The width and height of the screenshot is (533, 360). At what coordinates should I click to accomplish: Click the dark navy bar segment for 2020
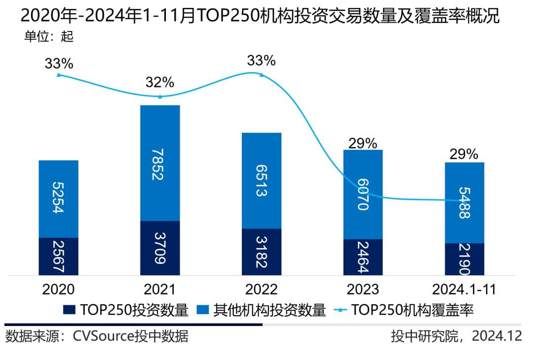pos(58,256)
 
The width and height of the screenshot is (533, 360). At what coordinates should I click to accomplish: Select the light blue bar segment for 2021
pos(160,163)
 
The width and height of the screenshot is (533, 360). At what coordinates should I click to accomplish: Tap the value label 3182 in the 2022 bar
pos(262,252)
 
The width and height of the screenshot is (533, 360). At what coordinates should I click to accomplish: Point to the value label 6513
pos(262,180)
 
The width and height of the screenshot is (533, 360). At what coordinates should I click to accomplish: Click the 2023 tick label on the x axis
pos(363,289)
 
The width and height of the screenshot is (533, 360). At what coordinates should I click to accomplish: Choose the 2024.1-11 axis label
pos(464,289)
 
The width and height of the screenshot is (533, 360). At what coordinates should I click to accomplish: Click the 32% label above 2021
pos(160,82)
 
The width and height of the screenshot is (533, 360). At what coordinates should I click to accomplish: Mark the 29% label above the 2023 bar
pos(363,144)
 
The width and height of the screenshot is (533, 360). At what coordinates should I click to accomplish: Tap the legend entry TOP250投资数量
pos(126,310)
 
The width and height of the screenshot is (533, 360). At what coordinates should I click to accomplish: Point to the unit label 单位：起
pos(49,36)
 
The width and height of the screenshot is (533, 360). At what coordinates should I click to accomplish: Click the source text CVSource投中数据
pos(130,337)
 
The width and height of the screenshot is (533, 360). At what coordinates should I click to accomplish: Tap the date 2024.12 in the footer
pos(496,337)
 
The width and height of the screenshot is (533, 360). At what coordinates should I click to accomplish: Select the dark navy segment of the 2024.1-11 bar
pos(464,259)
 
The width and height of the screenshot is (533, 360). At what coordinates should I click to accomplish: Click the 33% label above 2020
pos(59,64)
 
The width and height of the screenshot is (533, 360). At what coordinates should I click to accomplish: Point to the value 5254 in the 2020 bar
pos(58,199)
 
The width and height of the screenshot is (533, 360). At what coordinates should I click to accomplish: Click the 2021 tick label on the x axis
pos(160,289)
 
